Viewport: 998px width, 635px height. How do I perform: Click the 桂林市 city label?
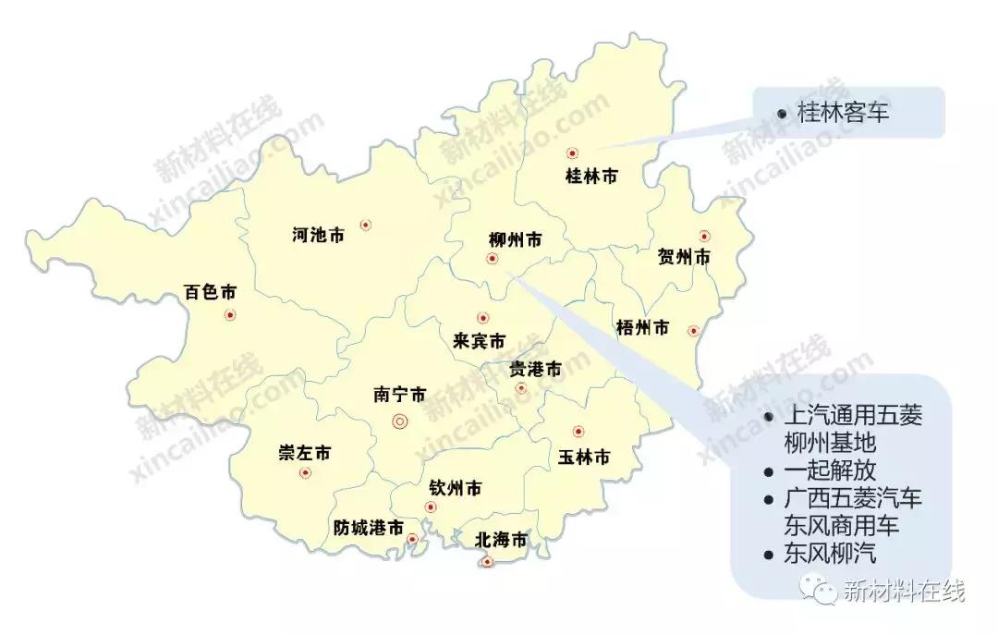pyautogui.click(x=590, y=177)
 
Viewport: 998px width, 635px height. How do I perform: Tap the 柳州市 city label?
pyautogui.click(x=515, y=240)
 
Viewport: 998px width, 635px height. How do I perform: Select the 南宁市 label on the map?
pyautogui.click(x=400, y=395)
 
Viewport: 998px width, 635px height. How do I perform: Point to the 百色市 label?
pyautogui.click(x=211, y=293)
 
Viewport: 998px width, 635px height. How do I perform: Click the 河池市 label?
pyautogui.click(x=318, y=236)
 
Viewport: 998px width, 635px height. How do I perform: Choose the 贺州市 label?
pyautogui.click(x=684, y=257)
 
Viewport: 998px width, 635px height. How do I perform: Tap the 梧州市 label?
pyautogui.click(x=642, y=327)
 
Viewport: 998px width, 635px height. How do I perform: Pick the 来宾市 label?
pyautogui.click(x=479, y=341)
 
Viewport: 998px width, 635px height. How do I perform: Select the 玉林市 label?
pyautogui.click(x=584, y=458)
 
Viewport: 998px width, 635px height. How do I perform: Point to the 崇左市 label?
pyautogui.click(x=305, y=453)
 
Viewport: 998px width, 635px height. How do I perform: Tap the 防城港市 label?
pyautogui.click(x=369, y=529)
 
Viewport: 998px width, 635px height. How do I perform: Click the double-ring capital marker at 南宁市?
pyautogui.click(x=400, y=421)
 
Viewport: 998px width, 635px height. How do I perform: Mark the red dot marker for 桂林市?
pyautogui.click(x=573, y=153)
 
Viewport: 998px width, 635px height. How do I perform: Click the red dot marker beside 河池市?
pyautogui.click(x=366, y=225)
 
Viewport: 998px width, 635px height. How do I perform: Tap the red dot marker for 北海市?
pyautogui.click(x=488, y=561)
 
